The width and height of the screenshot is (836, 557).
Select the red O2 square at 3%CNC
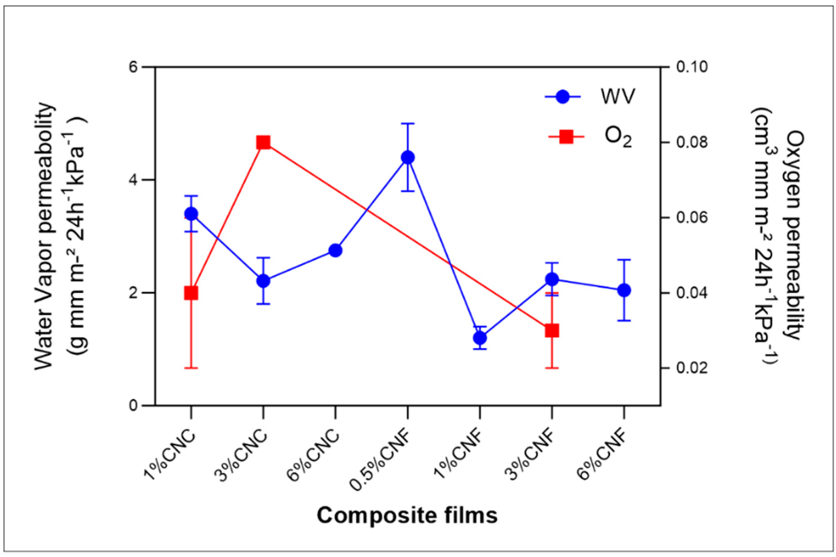(263, 143)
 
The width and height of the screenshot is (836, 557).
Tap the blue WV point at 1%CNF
(480, 338)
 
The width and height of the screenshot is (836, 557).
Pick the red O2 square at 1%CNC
(191, 294)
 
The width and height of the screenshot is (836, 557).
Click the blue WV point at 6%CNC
(335, 250)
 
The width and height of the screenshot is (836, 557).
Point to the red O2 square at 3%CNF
(552, 331)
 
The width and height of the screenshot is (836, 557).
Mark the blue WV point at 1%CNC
(191, 214)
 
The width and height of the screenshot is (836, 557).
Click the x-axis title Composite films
(407, 516)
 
